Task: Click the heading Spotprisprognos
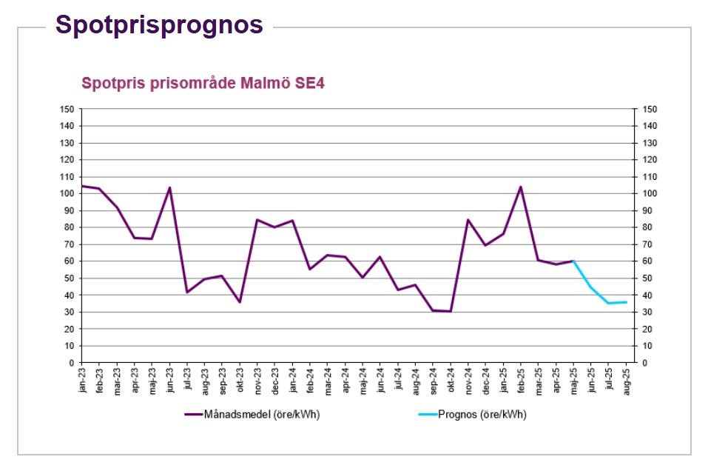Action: [x=159, y=24]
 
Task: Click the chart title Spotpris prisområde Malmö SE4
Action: [x=203, y=83]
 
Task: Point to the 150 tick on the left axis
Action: [x=67, y=110]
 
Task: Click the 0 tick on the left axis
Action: [x=71, y=363]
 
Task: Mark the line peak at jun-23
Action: [x=169, y=187]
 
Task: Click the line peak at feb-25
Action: [x=521, y=187]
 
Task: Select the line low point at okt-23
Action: [x=240, y=302]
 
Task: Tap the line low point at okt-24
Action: [x=451, y=311]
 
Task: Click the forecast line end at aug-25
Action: [x=627, y=302]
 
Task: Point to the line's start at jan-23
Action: [x=81, y=186]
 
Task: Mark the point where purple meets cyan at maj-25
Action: [x=573, y=261]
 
